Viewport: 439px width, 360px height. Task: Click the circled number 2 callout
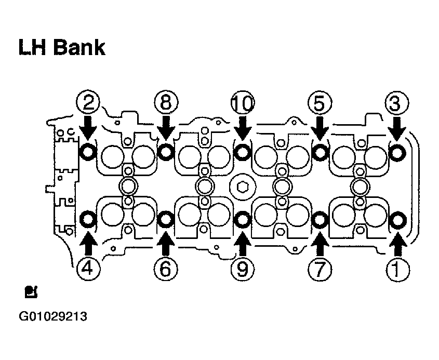click(88, 102)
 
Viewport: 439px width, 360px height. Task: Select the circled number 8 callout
click(166, 102)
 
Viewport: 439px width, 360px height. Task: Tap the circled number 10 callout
click(243, 102)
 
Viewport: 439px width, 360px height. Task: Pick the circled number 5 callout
click(320, 102)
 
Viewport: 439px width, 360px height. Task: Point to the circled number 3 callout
click(397, 102)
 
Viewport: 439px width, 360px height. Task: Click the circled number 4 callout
click(88, 269)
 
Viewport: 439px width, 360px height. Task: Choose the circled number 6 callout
click(166, 269)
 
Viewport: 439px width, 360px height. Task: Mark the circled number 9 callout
click(243, 269)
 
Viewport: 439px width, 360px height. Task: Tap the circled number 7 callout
click(320, 269)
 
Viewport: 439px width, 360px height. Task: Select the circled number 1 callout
click(397, 269)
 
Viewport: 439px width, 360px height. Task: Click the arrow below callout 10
click(243, 128)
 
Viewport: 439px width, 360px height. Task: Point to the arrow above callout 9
click(243, 244)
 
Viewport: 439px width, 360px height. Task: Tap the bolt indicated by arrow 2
click(88, 152)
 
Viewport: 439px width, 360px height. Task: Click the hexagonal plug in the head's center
click(243, 186)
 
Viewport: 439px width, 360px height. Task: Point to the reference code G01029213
click(53, 316)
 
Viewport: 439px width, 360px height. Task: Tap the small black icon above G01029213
click(31, 292)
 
